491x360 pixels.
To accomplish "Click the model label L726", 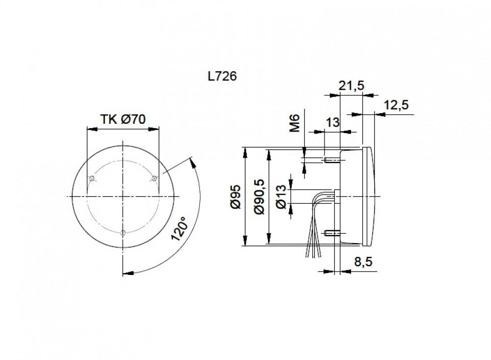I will tap(222, 77).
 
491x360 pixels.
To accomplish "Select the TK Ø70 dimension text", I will tap(123, 119).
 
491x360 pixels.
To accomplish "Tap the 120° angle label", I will tap(180, 228).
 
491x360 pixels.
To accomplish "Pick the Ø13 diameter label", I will tap(281, 196).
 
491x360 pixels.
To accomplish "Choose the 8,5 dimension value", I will tap(363, 262).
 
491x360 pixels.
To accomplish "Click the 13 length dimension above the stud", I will tap(332, 122).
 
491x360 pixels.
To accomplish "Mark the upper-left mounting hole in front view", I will tap(91, 178).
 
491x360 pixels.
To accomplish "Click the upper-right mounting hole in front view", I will tap(154, 178).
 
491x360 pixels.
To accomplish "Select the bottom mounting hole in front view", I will tap(123, 232).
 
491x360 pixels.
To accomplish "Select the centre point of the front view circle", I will tap(123, 196).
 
